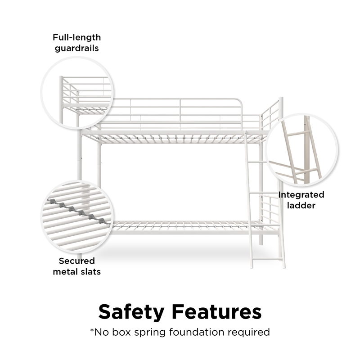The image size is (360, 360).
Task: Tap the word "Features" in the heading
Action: (216, 311)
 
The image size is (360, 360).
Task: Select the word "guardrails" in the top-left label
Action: (76, 49)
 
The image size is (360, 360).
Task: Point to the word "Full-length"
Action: (76, 37)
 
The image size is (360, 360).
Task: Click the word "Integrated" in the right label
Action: (301, 195)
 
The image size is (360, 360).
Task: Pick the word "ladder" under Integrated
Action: (301, 205)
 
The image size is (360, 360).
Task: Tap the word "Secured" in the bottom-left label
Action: (76, 261)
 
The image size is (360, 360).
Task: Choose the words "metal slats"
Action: (76, 272)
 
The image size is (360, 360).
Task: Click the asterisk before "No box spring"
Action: (92, 331)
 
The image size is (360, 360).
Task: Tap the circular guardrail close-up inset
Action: (77, 93)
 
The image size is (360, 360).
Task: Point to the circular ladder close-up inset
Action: (301, 150)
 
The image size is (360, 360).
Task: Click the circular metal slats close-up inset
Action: (77, 216)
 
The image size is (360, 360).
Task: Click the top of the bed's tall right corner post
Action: (281, 99)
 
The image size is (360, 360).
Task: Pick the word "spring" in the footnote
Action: (150, 333)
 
